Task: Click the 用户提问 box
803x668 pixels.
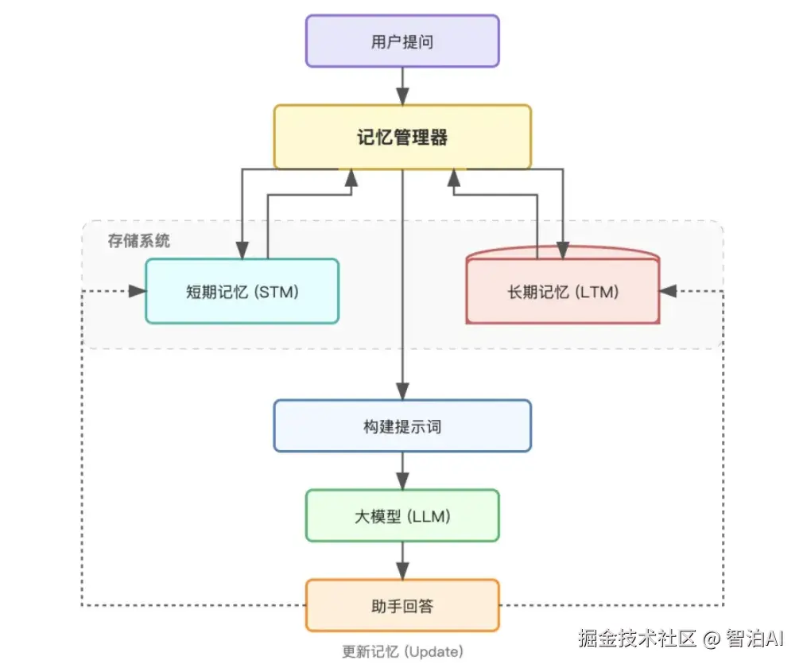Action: tap(402, 41)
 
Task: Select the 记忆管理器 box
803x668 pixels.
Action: tap(402, 137)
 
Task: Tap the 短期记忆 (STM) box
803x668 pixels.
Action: tap(242, 291)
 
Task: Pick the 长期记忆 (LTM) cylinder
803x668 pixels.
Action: tap(563, 291)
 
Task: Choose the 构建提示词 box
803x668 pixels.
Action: tap(402, 426)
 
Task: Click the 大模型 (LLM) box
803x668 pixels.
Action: tap(402, 516)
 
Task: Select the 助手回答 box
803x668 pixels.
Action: tap(402, 606)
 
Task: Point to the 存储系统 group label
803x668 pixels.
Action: tap(139, 240)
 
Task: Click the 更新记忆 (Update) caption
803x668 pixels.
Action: tap(402, 651)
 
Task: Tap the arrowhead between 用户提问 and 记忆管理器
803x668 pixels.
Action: tap(402, 97)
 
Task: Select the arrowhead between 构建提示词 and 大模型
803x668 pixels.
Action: tap(402, 481)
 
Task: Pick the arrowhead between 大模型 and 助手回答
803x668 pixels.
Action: tap(402, 571)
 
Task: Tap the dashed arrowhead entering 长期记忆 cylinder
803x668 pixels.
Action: tap(669, 291)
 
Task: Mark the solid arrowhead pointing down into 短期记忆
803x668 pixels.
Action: tap(242, 250)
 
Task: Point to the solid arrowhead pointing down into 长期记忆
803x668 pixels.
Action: tap(563, 250)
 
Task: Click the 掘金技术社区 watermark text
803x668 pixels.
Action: tap(637, 637)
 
